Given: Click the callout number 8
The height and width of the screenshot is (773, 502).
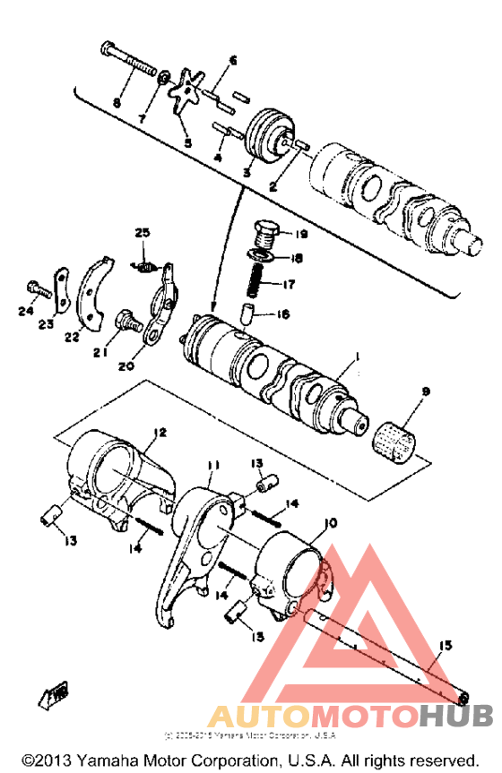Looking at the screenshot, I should tap(117, 103).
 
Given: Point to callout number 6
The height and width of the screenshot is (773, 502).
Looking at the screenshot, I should tap(233, 61).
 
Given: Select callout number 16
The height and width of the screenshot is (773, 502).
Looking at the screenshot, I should tap(284, 313).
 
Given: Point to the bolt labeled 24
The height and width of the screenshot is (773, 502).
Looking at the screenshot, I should tap(35, 289).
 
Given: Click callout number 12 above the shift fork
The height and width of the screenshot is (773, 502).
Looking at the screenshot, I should tap(159, 432).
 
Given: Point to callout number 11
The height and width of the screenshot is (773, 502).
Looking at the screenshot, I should tap(212, 465).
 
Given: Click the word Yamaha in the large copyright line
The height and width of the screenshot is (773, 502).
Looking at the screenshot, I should tap(113, 760).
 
